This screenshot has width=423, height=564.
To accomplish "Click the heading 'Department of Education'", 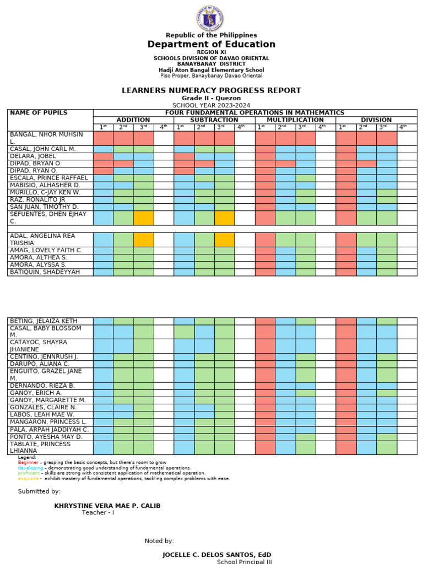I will click(x=211, y=45).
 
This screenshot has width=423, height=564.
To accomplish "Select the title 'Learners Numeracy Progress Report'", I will click(x=211, y=90).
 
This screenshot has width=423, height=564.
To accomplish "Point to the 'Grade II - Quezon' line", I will click(x=211, y=98).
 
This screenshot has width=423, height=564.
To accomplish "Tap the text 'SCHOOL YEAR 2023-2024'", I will click(x=211, y=105).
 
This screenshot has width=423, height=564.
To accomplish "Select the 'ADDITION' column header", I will click(x=133, y=120).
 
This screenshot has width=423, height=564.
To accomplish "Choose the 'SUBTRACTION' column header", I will click(x=214, y=120).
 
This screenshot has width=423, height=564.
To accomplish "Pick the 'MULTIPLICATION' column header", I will click(x=295, y=120).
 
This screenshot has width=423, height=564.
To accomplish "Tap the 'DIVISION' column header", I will click(x=376, y=120).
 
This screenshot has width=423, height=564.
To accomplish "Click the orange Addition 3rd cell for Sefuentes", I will click(x=143, y=218).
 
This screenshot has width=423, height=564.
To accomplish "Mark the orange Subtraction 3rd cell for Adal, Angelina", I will click(x=224, y=240).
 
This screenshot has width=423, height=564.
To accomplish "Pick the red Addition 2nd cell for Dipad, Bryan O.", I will click(x=123, y=164).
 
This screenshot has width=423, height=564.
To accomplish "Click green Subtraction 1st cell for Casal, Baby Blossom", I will click(x=184, y=332).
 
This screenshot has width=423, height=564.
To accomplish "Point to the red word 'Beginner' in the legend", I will click(x=28, y=463).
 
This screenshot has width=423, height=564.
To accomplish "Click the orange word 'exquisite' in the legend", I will click(x=29, y=479).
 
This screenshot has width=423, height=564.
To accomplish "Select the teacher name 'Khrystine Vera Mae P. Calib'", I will click(x=107, y=506).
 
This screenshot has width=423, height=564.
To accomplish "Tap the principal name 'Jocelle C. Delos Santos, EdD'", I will click(x=216, y=554).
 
